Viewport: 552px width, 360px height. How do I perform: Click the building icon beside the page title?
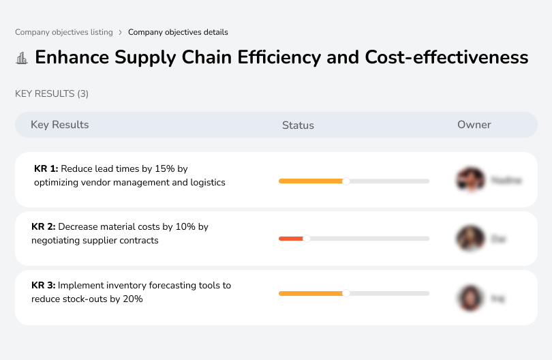pyautogui.click(x=22, y=58)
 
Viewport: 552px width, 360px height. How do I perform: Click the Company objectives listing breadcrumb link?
pyautogui.click(x=63, y=32)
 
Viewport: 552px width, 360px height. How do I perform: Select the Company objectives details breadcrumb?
pyautogui.click(x=178, y=32)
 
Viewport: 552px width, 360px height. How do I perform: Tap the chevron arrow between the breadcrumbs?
pyautogui.click(x=120, y=32)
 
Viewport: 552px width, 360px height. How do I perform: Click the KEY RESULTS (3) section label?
pyautogui.click(x=52, y=93)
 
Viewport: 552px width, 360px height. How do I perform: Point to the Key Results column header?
pyautogui.click(x=60, y=125)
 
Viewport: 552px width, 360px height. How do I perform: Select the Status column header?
pyautogui.click(x=298, y=125)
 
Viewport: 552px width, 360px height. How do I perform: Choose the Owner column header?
pyautogui.click(x=474, y=125)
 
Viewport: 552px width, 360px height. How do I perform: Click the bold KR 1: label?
pyautogui.click(x=46, y=168)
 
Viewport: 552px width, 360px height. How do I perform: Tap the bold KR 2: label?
pyautogui.click(x=44, y=226)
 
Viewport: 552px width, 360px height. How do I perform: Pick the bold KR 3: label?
pyautogui.click(x=44, y=285)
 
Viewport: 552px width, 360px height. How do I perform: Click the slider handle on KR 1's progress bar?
pyautogui.click(x=346, y=181)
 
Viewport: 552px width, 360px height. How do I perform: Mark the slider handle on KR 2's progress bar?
pyautogui.click(x=307, y=239)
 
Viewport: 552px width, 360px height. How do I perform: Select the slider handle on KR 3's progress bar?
pyautogui.click(x=346, y=293)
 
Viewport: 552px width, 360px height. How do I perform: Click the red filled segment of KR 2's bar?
pyautogui.click(x=291, y=239)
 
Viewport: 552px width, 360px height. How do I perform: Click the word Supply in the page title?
pyautogui.click(x=141, y=57)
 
